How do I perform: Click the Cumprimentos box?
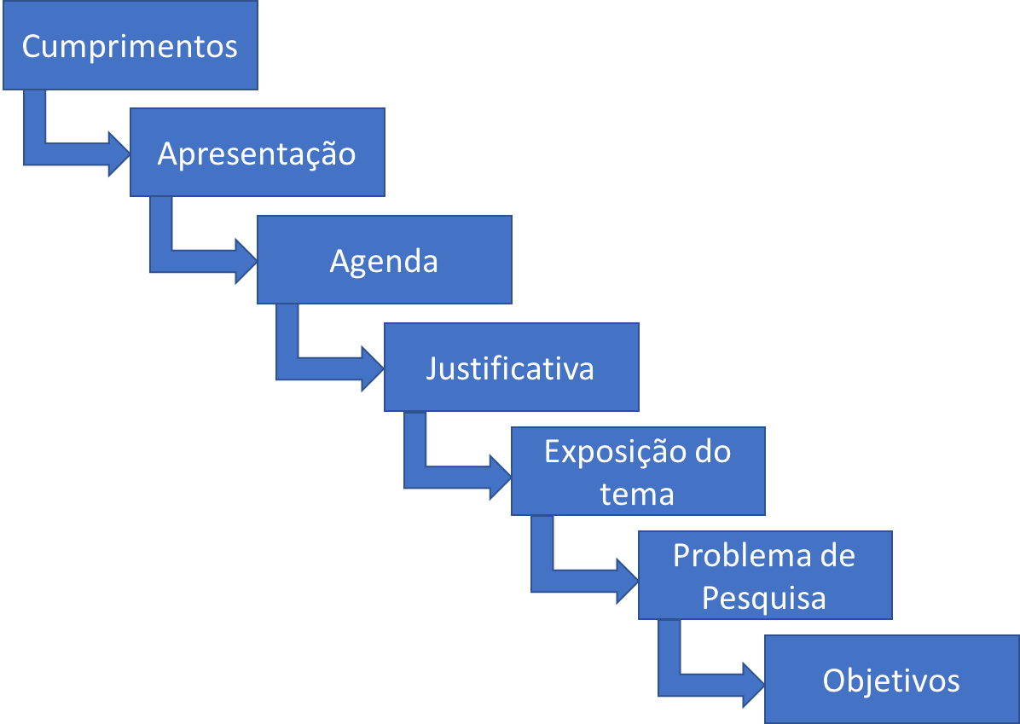pyautogui.click(x=130, y=45)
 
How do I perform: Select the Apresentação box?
pyautogui.click(x=257, y=153)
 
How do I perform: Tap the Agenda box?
pyautogui.click(x=384, y=260)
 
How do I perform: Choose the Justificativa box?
pyautogui.click(x=511, y=368)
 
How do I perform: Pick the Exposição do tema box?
pyautogui.click(x=638, y=472)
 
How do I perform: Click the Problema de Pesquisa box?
pyautogui.click(x=765, y=576)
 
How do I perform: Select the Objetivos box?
pyautogui.click(x=891, y=680)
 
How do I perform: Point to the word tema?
pyautogui.click(x=637, y=494)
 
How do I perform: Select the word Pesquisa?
pyautogui.click(x=764, y=598)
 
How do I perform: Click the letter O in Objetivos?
pyautogui.click(x=834, y=681)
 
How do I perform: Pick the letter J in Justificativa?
pyautogui.click(x=432, y=368)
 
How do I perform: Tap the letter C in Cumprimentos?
pyautogui.click(x=32, y=46)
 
